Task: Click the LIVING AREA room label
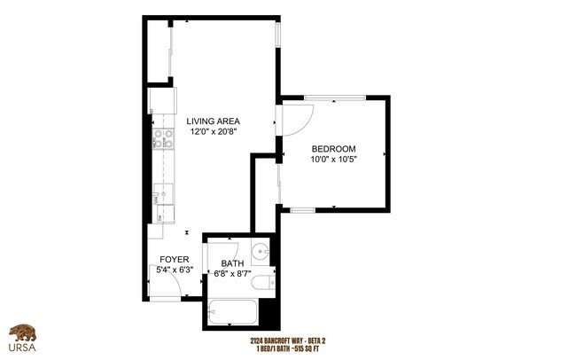click(x=213, y=121)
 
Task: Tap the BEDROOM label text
click(x=333, y=148)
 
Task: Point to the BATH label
click(x=232, y=263)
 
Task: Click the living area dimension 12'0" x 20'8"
click(x=213, y=132)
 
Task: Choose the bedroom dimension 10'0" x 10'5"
click(x=333, y=160)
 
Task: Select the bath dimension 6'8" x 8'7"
click(x=232, y=274)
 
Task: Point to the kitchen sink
click(x=162, y=191)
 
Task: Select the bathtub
click(x=232, y=312)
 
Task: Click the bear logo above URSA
click(x=22, y=333)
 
